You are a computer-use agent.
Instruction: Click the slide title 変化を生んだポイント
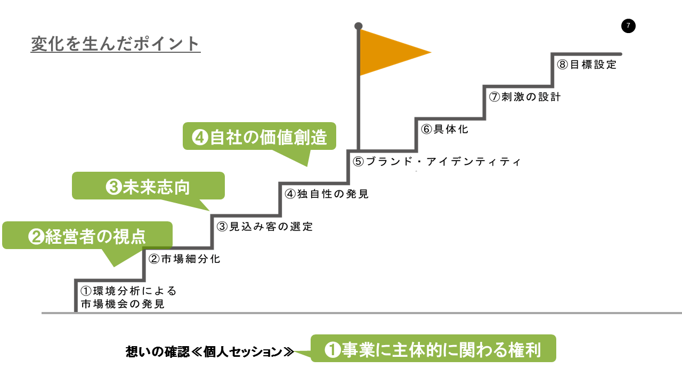point(116,44)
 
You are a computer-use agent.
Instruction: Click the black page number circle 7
point(628,26)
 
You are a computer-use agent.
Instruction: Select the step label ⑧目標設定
point(587,65)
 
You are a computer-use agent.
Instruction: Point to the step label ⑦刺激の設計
point(525,97)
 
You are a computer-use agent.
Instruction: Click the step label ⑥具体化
point(444,129)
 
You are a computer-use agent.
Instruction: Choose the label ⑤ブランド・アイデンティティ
point(437,162)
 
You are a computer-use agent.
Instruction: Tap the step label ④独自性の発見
point(327,194)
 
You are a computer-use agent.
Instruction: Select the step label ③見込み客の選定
point(265,227)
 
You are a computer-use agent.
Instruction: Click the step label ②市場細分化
point(184,259)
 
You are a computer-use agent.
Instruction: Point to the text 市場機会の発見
point(123,304)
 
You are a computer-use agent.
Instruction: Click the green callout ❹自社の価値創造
point(259,137)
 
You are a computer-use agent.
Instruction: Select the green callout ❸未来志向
point(148,186)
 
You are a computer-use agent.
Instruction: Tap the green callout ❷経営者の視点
point(87,236)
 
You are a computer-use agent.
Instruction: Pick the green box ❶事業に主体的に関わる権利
point(433,348)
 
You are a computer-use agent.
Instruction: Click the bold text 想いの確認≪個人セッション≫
point(210,351)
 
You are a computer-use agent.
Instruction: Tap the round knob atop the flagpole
point(359,26)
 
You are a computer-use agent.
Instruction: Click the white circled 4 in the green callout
point(200,137)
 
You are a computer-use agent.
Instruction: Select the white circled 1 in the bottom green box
point(332,349)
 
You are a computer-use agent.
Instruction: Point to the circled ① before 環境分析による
point(86,291)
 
